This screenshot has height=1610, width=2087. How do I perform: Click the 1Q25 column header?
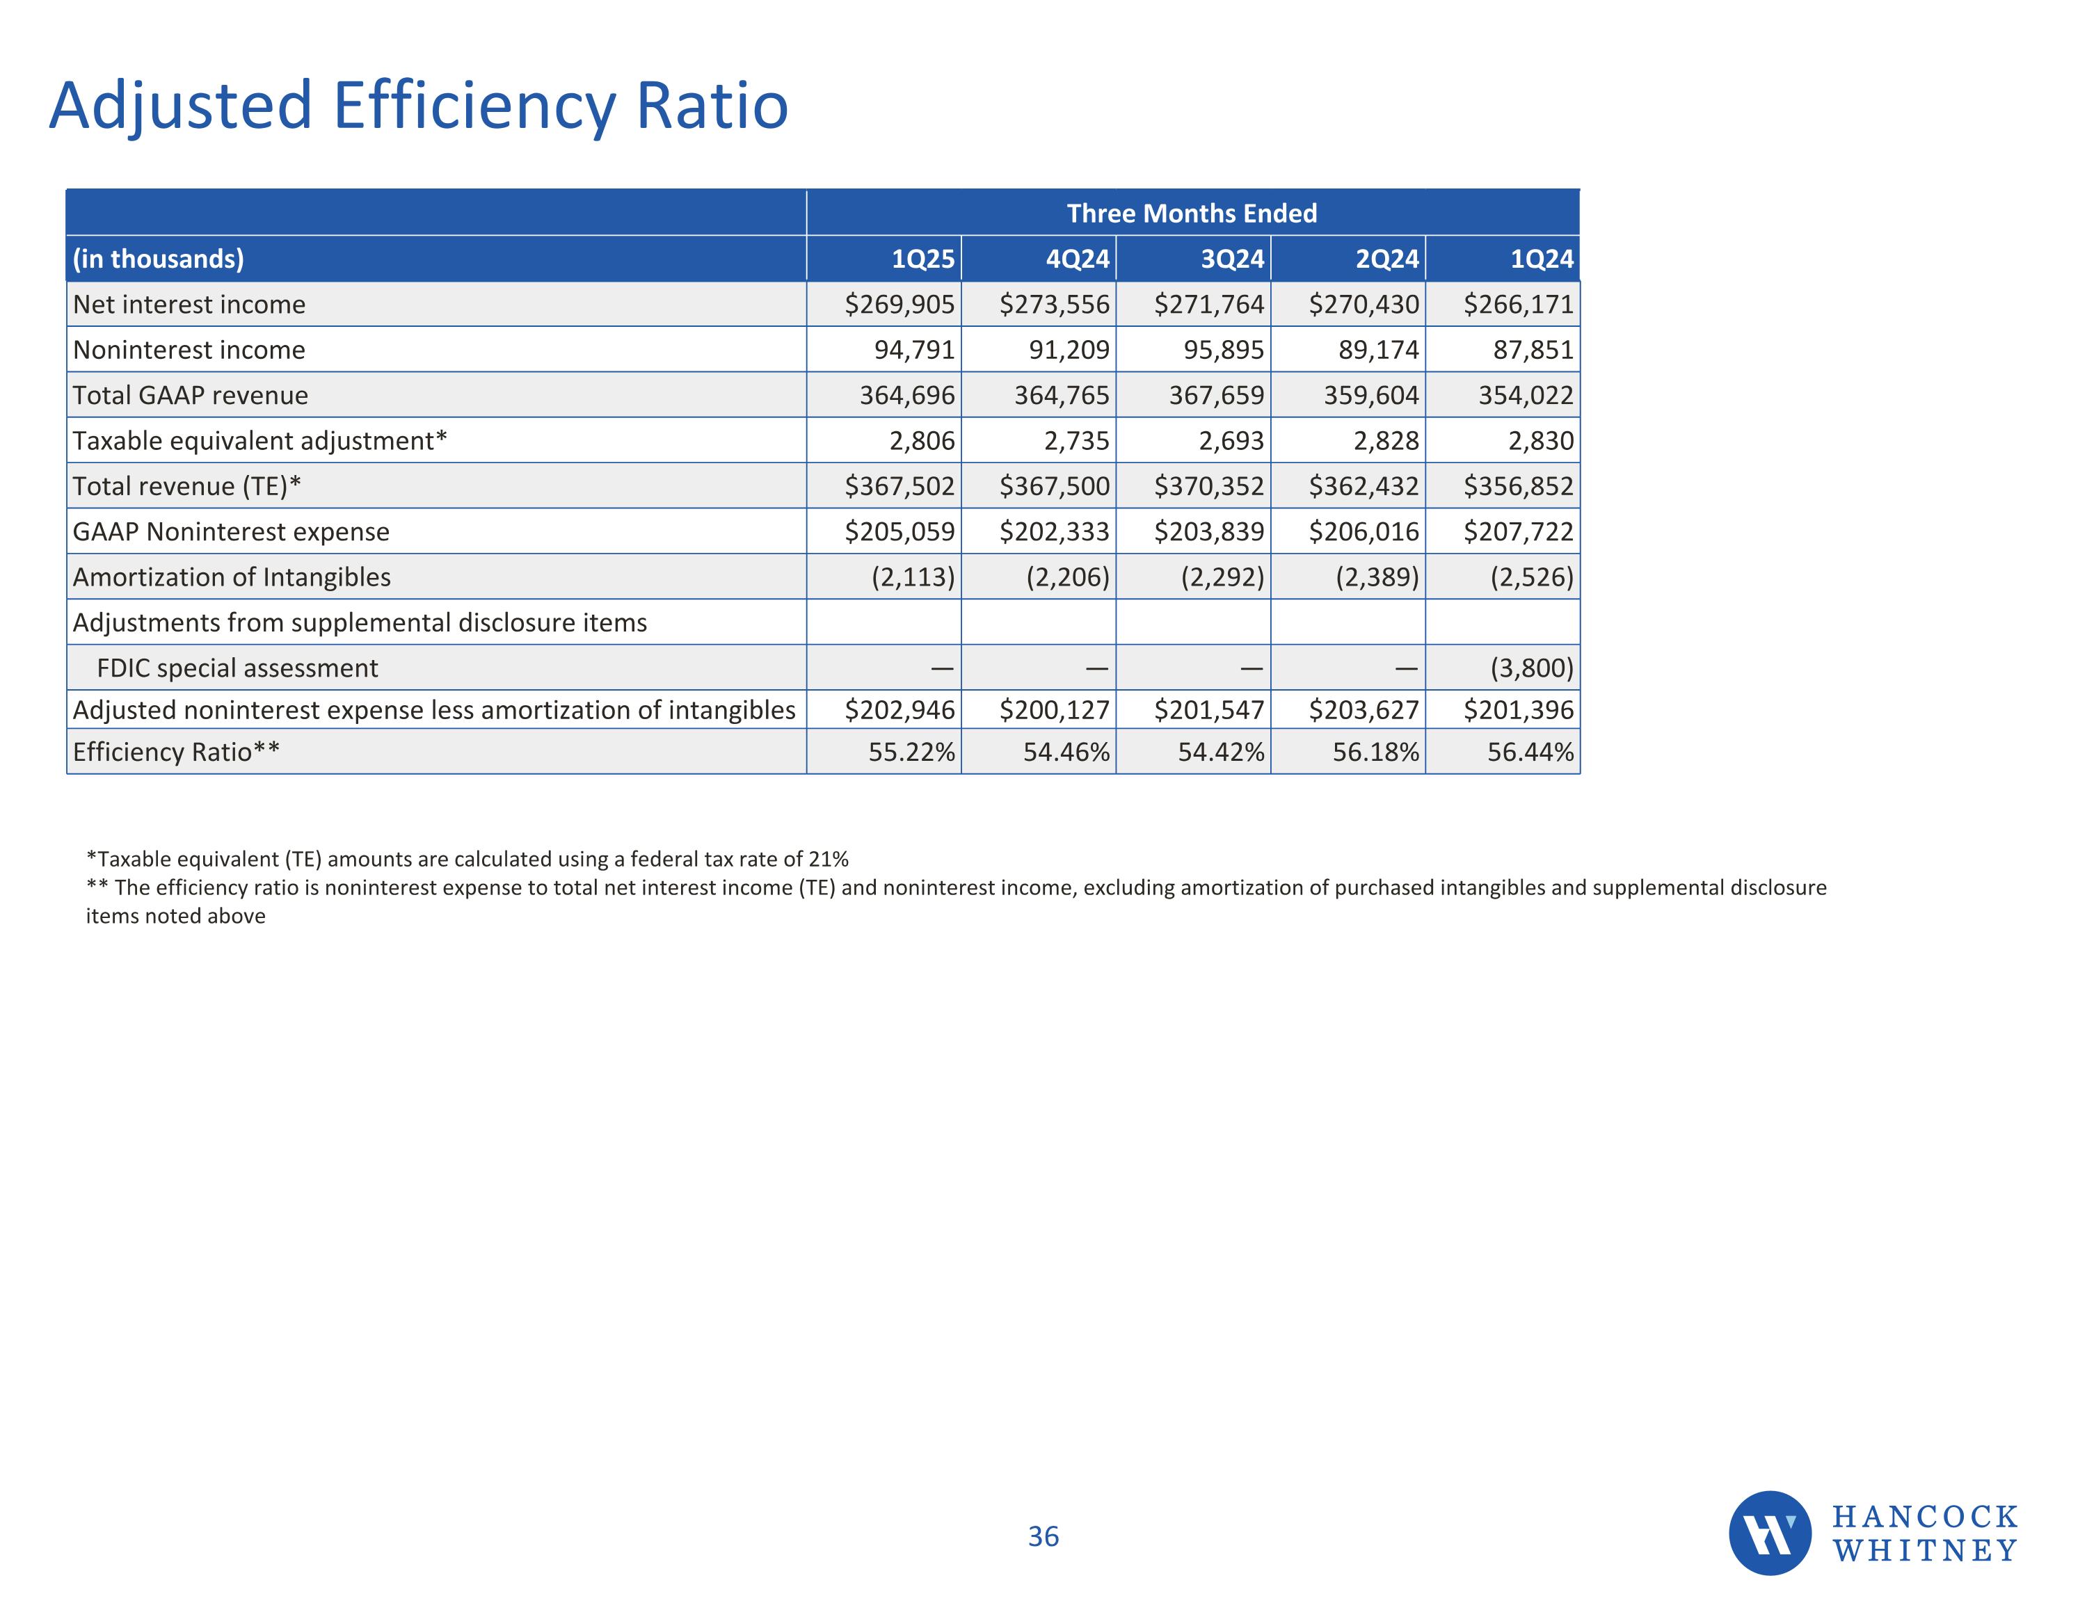(922, 259)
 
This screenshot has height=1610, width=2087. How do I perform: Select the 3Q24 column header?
(1232, 259)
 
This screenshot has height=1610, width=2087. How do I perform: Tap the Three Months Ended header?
(1192, 213)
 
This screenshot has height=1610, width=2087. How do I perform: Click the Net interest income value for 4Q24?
(1054, 305)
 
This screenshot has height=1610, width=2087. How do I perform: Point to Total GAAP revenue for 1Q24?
(1525, 396)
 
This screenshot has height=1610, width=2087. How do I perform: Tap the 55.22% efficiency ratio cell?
(911, 752)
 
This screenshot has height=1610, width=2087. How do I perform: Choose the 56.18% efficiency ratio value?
(1375, 752)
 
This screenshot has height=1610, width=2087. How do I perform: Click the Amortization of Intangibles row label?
(231, 577)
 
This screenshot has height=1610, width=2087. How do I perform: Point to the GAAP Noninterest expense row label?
(230, 531)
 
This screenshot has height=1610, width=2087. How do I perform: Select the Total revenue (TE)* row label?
(186, 486)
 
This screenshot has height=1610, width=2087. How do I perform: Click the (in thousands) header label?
(158, 259)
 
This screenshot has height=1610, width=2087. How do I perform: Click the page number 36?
(1043, 1536)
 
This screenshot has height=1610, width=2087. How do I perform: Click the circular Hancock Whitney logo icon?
(1769, 1533)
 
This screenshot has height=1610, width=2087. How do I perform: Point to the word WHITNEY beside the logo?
(1924, 1551)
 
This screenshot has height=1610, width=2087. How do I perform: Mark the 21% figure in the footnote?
(828, 859)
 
